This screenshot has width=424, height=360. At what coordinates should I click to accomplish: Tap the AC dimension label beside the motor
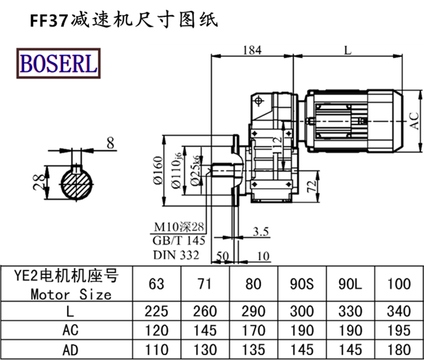pyautogui.click(x=415, y=120)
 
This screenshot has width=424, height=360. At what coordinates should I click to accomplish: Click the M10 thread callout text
pyautogui.click(x=179, y=227)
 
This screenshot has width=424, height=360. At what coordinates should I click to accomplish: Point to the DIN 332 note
pyautogui.click(x=176, y=255)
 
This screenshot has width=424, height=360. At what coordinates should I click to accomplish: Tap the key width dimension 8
pyautogui.click(x=110, y=142)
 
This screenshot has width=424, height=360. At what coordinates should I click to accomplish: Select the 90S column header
pyautogui.click(x=303, y=284)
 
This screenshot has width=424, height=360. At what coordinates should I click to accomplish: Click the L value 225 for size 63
pyautogui.click(x=156, y=311)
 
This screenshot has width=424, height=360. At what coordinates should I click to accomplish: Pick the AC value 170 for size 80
pyautogui.click(x=254, y=330)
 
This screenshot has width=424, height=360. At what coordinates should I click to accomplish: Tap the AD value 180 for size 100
pyautogui.click(x=399, y=349)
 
